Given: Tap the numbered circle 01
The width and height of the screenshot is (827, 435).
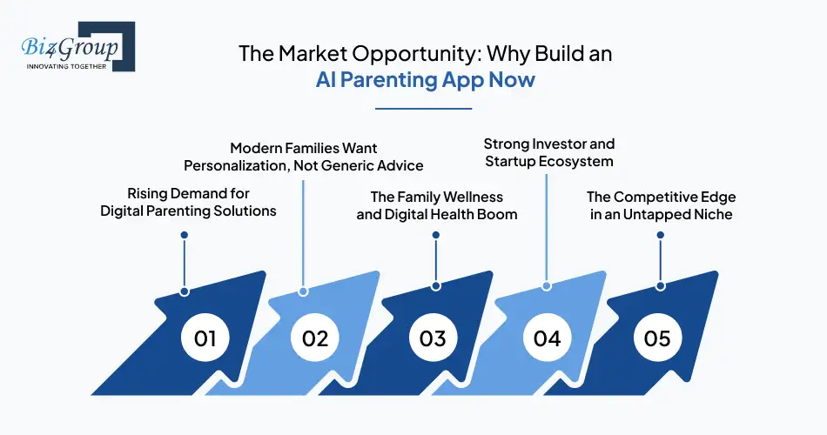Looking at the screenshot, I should [205, 338].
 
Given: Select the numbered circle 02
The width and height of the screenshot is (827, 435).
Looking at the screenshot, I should [315, 338].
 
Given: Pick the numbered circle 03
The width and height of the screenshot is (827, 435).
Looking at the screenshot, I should [432, 338].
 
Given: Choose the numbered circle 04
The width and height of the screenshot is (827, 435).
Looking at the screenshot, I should [547, 338].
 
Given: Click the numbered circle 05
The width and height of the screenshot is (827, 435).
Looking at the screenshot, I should [657, 338].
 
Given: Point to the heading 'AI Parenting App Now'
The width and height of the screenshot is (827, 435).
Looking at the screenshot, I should [425, 81].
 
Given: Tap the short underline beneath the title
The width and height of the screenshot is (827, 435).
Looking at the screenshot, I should [422, 109].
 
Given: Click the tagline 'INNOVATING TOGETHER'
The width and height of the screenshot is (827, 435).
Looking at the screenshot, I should [67, 66].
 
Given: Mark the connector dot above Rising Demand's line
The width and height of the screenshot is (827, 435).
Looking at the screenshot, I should [184, 235].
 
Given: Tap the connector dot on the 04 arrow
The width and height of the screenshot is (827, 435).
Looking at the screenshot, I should [547, 285].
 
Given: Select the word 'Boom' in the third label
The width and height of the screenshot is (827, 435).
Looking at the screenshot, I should [500, 215].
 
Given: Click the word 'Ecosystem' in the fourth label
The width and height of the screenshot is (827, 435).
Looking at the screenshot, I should [582, 161].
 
